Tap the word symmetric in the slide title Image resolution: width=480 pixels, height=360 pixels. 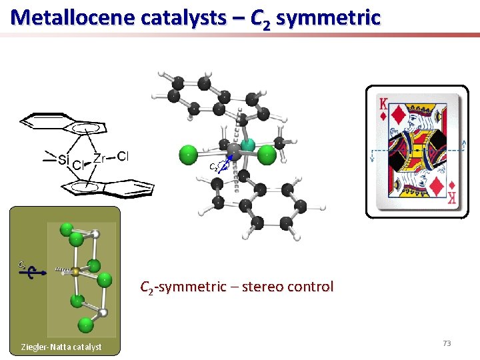click(x=327, y=17)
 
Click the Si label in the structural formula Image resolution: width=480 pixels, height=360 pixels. click(x=63, y=159)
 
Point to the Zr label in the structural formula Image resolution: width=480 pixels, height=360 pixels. click(x=99, y=158)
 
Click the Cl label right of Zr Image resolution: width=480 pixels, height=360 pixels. click(x=123, y=157)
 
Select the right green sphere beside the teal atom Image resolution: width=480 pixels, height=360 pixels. click(x=267, y=155)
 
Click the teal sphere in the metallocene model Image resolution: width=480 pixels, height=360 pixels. click(x=247, y=144)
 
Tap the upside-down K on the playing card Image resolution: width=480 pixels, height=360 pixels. click(x=452, y=198)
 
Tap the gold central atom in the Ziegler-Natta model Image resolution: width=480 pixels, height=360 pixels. click(x=76, y=271)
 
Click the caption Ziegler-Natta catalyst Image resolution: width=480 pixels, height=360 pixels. click(x=61, y=347)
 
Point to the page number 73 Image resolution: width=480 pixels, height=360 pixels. click(x=447, y=343)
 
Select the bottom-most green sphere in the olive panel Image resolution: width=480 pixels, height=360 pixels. click(x=85, y=325)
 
